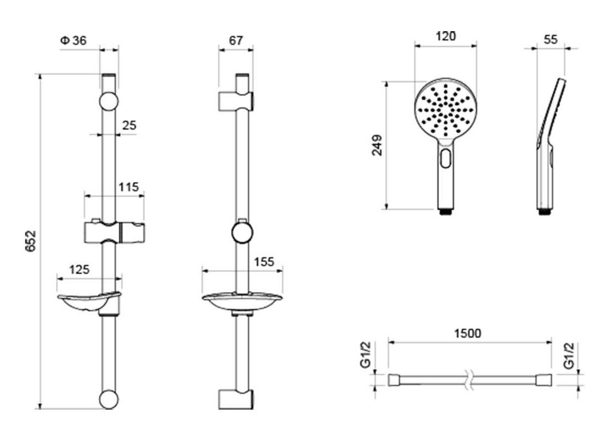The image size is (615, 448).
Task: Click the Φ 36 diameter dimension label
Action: coord(73,41)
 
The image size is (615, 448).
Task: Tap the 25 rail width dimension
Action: coord(129,125)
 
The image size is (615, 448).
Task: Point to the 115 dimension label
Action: coord(129,187)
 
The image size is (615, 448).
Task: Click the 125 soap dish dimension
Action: coord(79,270)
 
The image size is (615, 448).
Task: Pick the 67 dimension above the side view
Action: coord(236,41)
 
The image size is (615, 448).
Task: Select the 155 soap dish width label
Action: coord(264,262)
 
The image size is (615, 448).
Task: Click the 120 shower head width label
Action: coord(446,37)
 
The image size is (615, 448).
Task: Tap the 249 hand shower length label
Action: coord(377,145)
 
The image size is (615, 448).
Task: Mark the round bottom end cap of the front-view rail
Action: coord(109,399)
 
